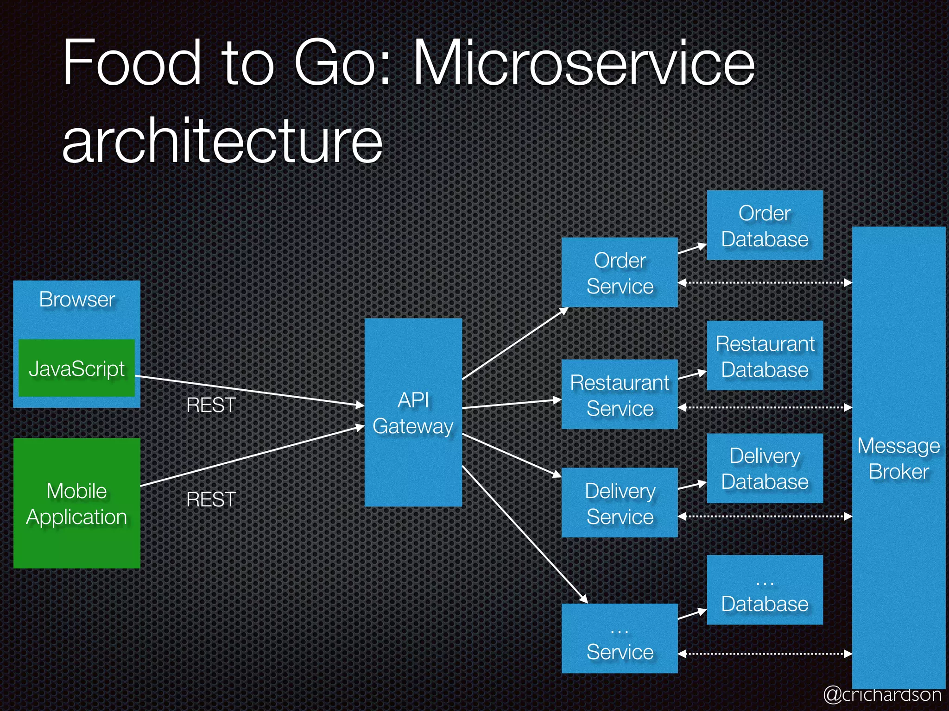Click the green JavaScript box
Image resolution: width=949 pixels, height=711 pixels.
click(x=76, y=368)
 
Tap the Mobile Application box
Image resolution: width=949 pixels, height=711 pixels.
click(x=76, y=503)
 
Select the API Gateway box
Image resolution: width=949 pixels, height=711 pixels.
click(x=413, y=412)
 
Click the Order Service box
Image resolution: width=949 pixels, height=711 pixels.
click(x=620, y=273)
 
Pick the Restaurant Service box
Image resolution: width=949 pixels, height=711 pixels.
click(x=620, y=395)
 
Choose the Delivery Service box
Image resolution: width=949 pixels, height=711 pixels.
click(x=620, y=503)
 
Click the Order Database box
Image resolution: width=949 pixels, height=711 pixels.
click(x=765, y=225)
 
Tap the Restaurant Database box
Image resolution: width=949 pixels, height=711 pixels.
click(x=765, y=356)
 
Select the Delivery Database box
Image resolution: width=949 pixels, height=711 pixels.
click(x=765, y=468)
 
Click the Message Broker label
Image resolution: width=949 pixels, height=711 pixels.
click(x=898, y=458)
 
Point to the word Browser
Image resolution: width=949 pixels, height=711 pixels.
click(x=76, y=299)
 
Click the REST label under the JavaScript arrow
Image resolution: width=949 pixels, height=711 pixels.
click(x=211, y=405)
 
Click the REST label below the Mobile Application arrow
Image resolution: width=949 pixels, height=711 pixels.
click(x=211, y=499)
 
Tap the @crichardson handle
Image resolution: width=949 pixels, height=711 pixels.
click(x=882, y=694)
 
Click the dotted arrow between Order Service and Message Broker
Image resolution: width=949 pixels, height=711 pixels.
click(x=765, y=282)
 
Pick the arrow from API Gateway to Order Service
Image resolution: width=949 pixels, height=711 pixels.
click(x=514, y=343)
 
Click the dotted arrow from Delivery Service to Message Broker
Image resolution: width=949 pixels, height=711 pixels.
click(x=765, y=516)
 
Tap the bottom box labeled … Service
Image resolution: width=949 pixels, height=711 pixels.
click(x=620, y=639)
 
